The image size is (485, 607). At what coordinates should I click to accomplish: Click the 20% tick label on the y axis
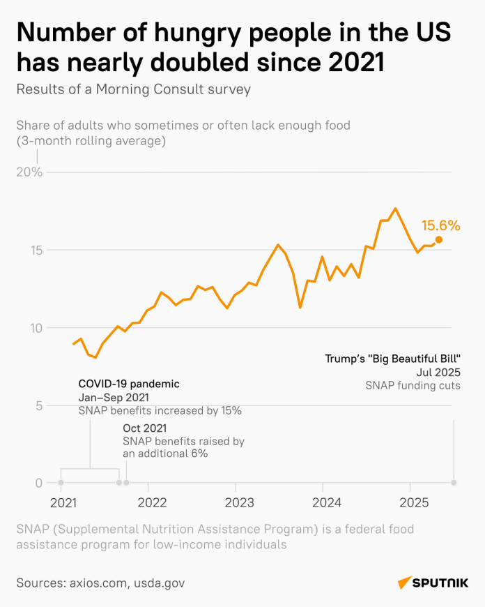(x=30, y=172)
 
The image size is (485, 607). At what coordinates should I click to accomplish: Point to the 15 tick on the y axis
(x=36, y=250)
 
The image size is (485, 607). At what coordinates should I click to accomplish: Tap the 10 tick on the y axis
(x=36, y=328)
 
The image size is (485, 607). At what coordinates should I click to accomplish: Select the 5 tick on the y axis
(x=39, y=405)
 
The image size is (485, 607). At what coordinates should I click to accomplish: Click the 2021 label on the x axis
(x=63, y=502)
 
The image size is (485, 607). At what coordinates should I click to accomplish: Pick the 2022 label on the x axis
(x=151, y=502)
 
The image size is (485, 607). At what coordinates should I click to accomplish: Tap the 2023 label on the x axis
(x=238, y=502)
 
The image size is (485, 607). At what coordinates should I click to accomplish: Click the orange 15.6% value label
(x=440, y=225)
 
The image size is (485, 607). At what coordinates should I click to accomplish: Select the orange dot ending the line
(x=439, y=239)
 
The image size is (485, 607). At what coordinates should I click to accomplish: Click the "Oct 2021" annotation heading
(x=145, y=428)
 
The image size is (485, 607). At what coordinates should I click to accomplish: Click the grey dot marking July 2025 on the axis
(x=454, y=482)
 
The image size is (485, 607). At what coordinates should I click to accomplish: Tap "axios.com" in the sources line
(x=98, y=583)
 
